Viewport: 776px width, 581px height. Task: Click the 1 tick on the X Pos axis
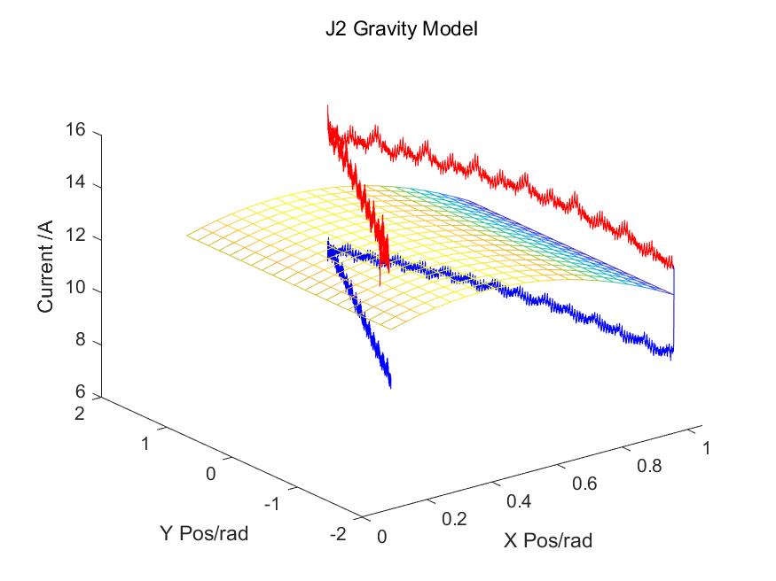click(x=707, y=448)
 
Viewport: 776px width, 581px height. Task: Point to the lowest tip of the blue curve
click(x=390, y=387)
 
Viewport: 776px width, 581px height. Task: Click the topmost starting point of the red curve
click(x=327, y=105)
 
